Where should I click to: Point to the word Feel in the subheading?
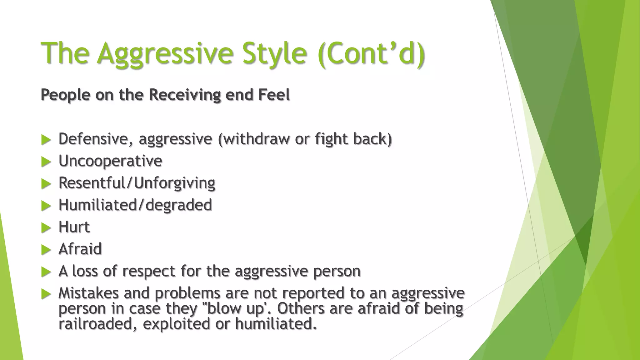click(x=274, y=95)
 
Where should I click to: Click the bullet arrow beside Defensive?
click(x=46, y=140)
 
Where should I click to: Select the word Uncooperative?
click(x=110, y=161)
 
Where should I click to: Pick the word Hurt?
click(x=74, y=227)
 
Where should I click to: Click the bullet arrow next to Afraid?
click(x=46, y=250)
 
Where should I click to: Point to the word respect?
click(x=148, y=271)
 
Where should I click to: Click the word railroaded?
click(x=98, y=324)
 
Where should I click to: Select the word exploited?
click(x=177, y=324)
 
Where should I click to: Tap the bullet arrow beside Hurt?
click(x=46, y=228)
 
